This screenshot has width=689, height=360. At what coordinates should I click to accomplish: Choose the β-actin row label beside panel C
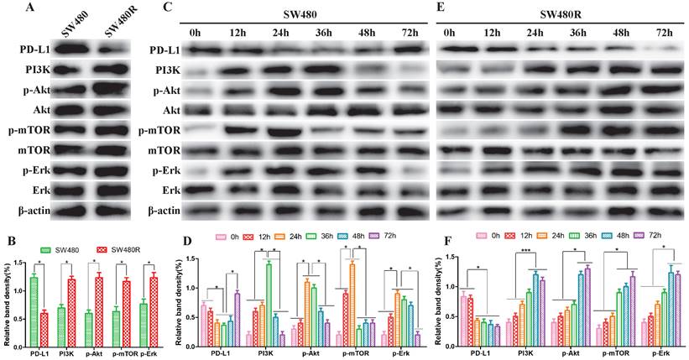(x=168, y=211)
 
